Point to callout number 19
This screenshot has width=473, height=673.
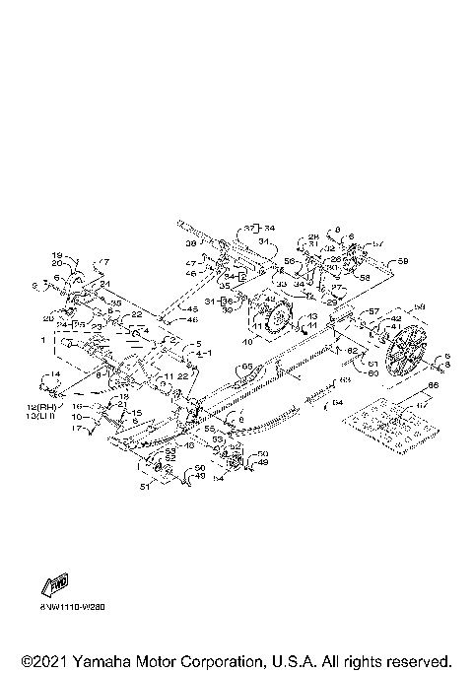pos(57,254)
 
